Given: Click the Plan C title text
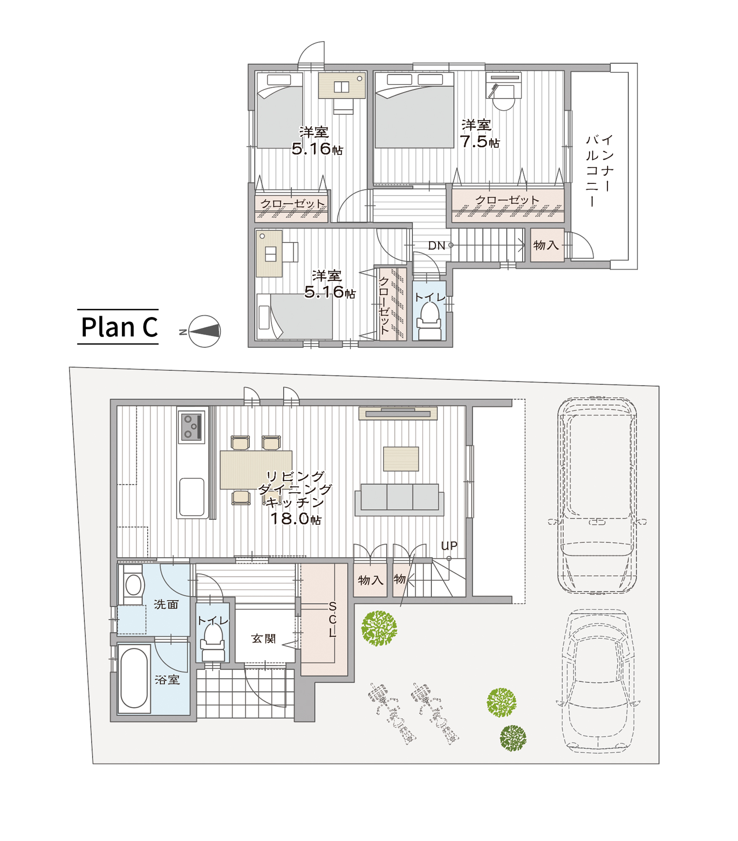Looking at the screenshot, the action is pyautogui.click(x=119, y=327).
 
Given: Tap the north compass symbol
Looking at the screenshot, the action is pyautogui.click(x=204, y=331).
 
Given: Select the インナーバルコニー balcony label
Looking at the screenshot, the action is pyautogui.click(x=600, y=170).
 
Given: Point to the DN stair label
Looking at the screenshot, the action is pyautogui.click(x=436, y=246).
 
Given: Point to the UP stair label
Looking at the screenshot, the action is pyautogui.click(x=449, y=546).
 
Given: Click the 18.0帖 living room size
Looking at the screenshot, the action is pyautogui.click(x=295, y=519).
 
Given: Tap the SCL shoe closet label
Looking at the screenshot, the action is pyautogui.click(x=332, y=619).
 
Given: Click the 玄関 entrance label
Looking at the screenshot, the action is pyautogui.click(x=263, y=639).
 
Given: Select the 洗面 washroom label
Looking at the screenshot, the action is pyautogui.click(x=166, y=604).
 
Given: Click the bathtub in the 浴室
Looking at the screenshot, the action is pyautogui.click(x=134, y=678).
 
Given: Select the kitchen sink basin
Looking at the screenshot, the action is pyautogui.click(x=192, y=497).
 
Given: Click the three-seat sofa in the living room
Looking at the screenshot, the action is pyautogui.click(x=399, y=500).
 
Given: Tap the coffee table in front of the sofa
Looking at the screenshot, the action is pyautogui.click(x=401, y=459).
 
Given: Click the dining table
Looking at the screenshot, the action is pyautogui.click(x=256, y=470).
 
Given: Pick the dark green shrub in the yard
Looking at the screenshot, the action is pyautogui.click(x=513, y=738).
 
